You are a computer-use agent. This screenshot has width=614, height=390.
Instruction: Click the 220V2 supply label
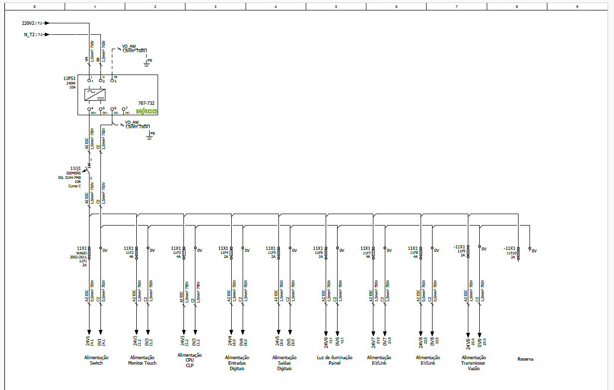tap(29, 23)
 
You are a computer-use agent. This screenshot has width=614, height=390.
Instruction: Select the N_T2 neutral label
tap(30, 35)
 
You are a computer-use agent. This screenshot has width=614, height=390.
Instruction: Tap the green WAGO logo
tap(147, 111)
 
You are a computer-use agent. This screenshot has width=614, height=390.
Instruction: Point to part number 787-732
tap(148, 102)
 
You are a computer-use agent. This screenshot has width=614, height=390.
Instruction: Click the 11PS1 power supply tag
tap(69, 78)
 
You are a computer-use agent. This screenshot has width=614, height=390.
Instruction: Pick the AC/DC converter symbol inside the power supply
tap(96, 94)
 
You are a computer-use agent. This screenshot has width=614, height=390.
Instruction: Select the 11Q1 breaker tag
tap(75, 168)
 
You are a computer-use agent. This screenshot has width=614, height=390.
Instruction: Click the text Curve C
tap(75, 186)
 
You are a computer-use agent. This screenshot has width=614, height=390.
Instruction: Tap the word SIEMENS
tap(74, 173)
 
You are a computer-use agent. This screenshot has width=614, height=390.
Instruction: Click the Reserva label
tap(525, 359)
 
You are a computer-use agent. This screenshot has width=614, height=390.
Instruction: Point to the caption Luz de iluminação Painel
tap(335, 360)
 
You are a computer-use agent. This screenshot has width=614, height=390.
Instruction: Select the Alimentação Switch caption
tap(96, 360)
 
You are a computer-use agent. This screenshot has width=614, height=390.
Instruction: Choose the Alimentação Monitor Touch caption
tap(142, 360)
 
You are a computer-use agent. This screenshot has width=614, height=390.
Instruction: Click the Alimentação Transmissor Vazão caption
tap(473, 363)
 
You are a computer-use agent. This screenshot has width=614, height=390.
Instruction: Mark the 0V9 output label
tap(480, 342)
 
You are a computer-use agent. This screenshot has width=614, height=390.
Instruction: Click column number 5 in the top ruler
tap(336, 6)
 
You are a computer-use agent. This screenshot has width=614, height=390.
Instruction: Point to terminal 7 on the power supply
tap(124, 109)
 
